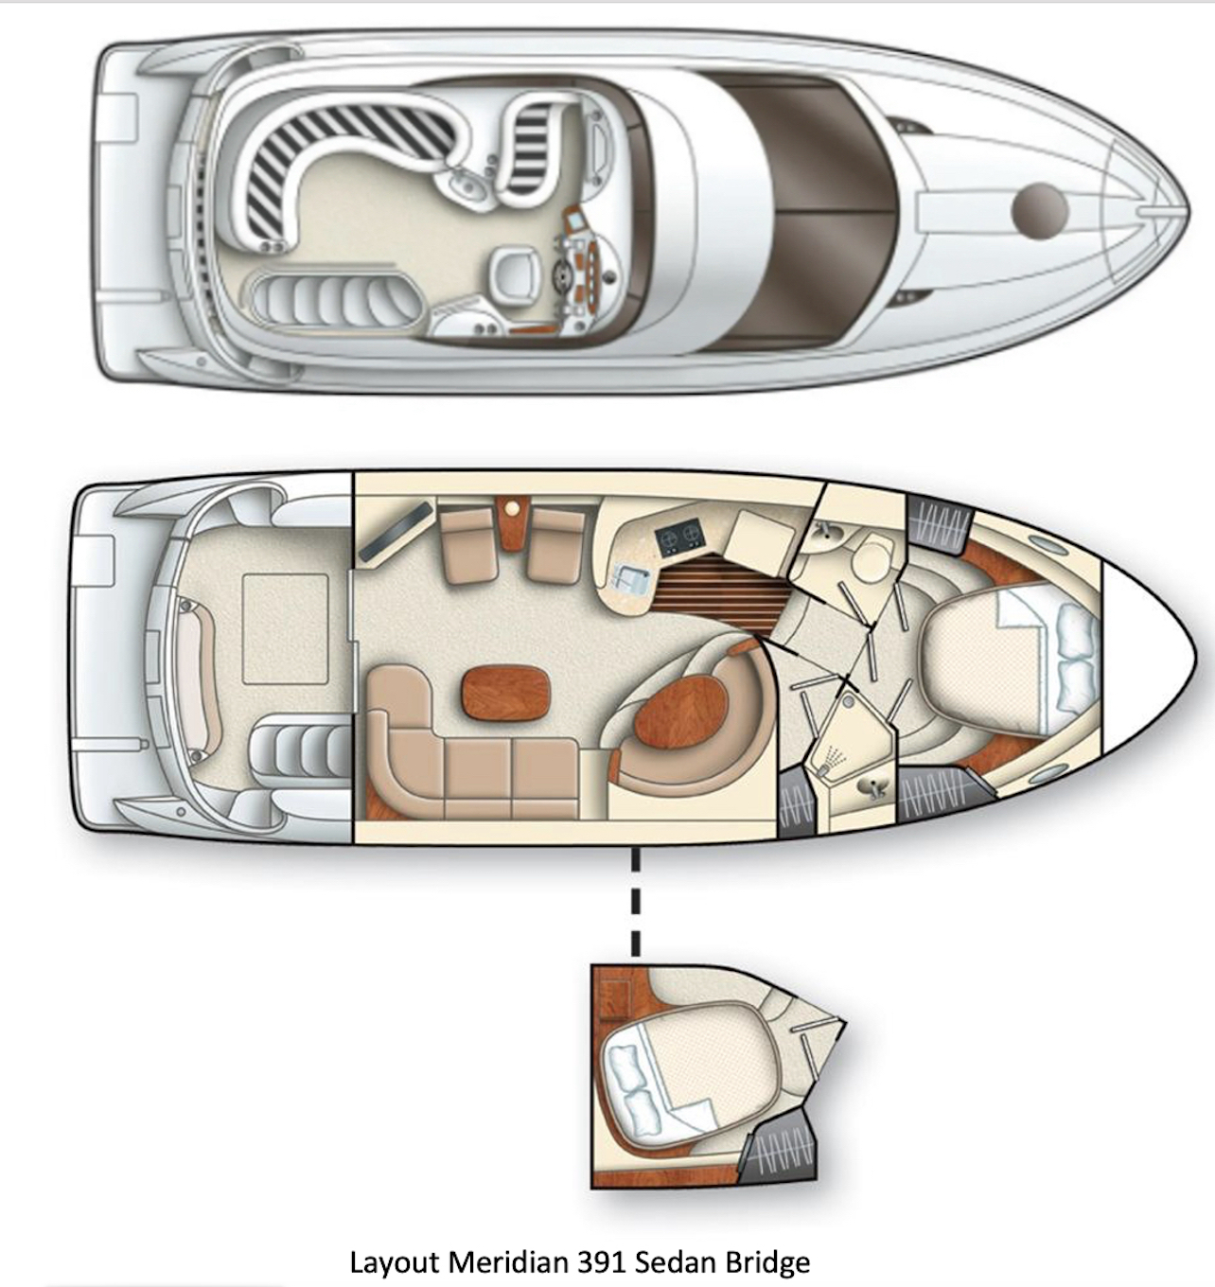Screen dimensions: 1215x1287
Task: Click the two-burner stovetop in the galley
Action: pos(679,538)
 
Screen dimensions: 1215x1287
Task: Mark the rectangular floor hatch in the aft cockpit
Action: pos(285,628)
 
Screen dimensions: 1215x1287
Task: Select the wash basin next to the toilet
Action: pos(825,536)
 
